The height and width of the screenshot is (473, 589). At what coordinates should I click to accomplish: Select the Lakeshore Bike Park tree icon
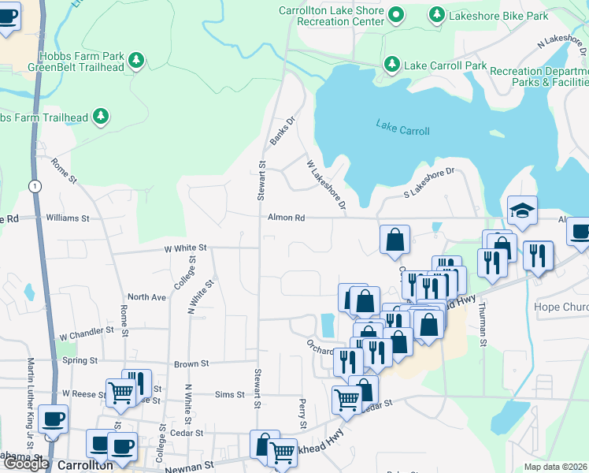coord(436,14)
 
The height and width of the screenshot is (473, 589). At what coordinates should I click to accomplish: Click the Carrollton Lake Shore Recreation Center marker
coord(397,15)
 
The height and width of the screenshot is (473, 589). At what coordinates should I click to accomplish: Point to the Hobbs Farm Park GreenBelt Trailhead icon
coord(137,60)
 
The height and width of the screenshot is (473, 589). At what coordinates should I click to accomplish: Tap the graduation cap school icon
coord(522,210)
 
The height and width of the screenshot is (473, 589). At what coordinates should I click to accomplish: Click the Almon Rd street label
coord(286,218)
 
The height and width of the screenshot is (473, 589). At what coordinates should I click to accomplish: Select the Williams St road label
coord(68,217)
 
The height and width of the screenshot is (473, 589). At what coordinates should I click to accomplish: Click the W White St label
coord(185,248)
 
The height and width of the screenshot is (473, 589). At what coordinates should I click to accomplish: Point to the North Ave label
coord(147,297)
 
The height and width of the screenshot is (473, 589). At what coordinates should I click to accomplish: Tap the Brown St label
coord(191,364)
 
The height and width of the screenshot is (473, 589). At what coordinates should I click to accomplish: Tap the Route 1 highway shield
coord(34,186)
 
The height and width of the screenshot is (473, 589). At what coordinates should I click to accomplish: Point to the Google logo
coord(25,464)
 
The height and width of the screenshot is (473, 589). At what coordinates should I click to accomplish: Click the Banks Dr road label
coord(282,131)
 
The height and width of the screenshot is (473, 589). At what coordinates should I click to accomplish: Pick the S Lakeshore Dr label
coord(429,183)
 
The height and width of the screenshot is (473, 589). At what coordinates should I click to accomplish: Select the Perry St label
coord(302,414)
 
